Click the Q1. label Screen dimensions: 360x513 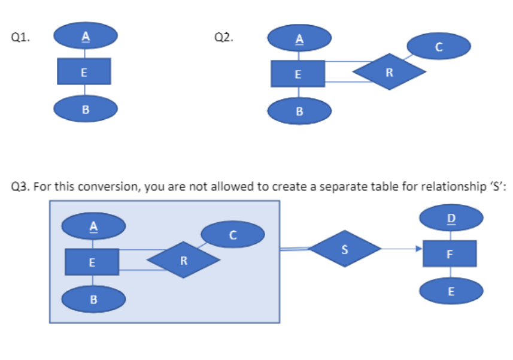[21, 37]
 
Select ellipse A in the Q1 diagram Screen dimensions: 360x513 [85, 36]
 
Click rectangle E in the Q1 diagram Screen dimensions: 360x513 [84, 72]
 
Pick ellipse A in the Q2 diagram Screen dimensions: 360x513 [299, 39]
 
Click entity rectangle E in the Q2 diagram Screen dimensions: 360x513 [298, 74]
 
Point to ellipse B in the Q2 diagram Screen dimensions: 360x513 [299, 111]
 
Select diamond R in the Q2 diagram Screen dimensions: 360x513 [390, 72]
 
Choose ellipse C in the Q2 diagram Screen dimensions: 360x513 [438, 47]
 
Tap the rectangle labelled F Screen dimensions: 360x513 [450, 254]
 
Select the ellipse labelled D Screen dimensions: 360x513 [451, 217]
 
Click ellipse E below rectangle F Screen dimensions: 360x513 [451, 292]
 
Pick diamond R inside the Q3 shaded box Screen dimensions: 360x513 [184, 261]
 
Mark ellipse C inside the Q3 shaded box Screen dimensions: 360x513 [232, 234]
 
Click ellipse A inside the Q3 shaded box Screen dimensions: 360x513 [93, 226]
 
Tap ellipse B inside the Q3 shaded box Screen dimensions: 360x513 [93, 298]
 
